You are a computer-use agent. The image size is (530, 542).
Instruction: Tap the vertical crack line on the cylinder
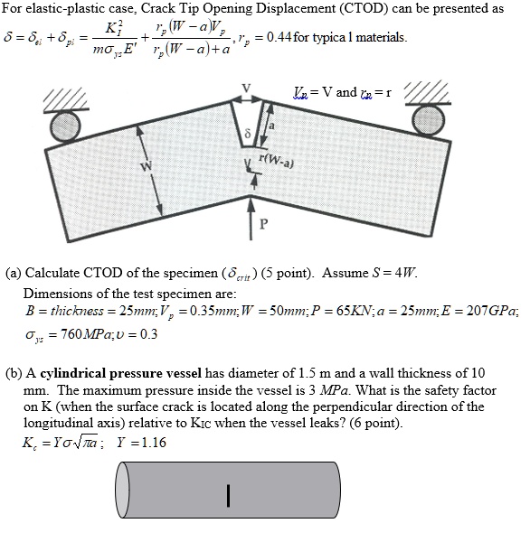point(230,496)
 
